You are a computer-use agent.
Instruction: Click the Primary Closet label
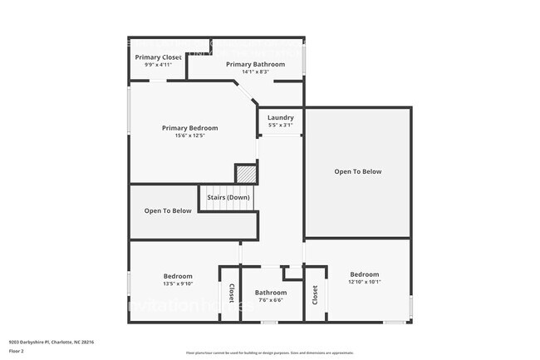coord(158,57)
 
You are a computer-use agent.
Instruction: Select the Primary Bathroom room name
coord(255,64)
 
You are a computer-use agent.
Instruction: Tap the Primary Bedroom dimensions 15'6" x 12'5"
coord(189,136)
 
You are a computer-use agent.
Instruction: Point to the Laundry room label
coord(280,118)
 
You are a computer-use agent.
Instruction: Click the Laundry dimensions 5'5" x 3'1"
coord(280,126)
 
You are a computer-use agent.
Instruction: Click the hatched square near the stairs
coord(246,175)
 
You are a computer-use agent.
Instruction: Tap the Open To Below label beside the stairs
coord(168,211)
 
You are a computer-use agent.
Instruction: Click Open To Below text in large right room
coord(357,172)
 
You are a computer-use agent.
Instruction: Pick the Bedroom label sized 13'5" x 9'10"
coord(178,276)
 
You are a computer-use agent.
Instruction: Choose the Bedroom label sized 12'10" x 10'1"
coord(364,274)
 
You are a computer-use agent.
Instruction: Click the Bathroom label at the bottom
coord(271,293)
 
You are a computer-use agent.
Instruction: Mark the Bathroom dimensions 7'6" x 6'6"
coord(271,301)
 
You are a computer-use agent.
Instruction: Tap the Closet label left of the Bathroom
coord(231,293)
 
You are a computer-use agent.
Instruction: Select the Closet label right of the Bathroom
coord(315,294)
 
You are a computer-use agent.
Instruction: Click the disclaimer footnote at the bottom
coord(269,353)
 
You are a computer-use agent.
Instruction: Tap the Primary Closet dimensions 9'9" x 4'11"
coord(158,65)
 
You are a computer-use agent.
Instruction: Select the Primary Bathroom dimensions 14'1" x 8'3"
coord(255,72)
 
